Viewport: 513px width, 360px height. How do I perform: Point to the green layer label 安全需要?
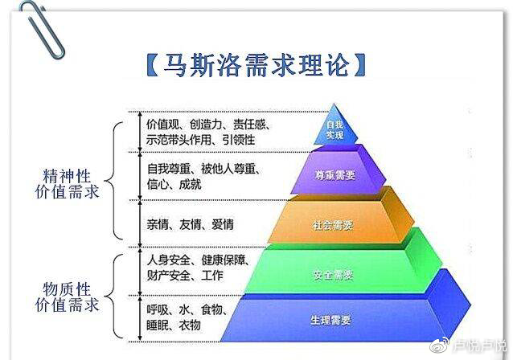331,275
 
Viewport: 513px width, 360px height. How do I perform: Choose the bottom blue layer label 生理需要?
330,321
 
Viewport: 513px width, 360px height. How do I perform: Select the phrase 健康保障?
230,260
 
